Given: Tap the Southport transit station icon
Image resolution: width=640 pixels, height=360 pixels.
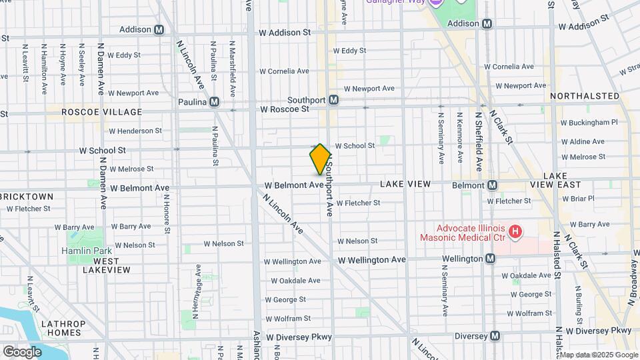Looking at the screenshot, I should tap(334, 100).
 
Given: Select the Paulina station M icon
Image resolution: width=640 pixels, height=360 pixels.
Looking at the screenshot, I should tap(214, 102).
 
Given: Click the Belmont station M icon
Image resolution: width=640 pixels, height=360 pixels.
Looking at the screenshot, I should tap(493, 185).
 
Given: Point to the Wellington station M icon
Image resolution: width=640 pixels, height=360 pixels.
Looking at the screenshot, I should tap(491, 259).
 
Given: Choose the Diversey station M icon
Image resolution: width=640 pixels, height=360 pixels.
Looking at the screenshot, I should tap(495, 336).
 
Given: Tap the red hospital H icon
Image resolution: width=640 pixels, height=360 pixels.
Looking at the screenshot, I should tap(515, 232).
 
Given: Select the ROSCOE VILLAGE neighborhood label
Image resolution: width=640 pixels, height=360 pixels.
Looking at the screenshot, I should tap(102, 112).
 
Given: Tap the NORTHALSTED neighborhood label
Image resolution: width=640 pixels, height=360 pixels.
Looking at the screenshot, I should tap(585, 96).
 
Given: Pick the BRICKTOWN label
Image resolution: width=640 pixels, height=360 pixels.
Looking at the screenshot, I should tap(27, 197).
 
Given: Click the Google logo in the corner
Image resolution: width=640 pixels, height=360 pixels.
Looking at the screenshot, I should tap(22, 351).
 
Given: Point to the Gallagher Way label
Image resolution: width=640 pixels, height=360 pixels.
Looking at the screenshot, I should tap(395, 2).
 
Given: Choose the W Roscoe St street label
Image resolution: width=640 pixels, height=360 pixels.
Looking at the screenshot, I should tap(285, 109).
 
